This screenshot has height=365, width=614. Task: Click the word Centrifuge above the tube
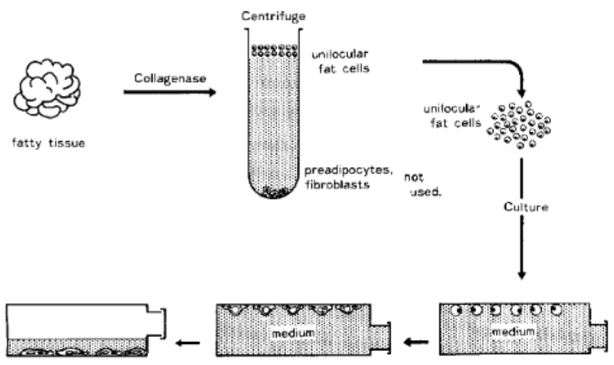(273, 16)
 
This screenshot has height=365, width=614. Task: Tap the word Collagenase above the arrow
(170, 79)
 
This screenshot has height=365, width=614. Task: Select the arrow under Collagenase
(170, 92)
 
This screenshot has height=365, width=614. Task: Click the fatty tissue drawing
(47, 88)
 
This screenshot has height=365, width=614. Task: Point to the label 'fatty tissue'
(48, 143)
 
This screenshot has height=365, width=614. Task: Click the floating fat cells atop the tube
(274, 50)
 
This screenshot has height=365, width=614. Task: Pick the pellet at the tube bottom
(274, 192)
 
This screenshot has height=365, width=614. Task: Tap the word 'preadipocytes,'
(348, 170)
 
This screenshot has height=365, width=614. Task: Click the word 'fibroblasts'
(337, 184)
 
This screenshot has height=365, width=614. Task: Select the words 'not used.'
(422, 185)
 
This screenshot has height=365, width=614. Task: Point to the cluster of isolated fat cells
(518, 125)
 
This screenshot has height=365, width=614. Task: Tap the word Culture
(525, 207)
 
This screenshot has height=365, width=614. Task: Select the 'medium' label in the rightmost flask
(513, 332)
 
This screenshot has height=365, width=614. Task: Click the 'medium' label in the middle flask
(293, 333)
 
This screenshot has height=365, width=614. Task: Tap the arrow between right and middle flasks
(416, 342)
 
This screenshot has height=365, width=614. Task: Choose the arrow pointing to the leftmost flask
(187, 343)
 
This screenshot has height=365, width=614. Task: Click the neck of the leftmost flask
(156, 323)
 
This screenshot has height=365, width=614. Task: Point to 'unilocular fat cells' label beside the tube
(341, 61)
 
